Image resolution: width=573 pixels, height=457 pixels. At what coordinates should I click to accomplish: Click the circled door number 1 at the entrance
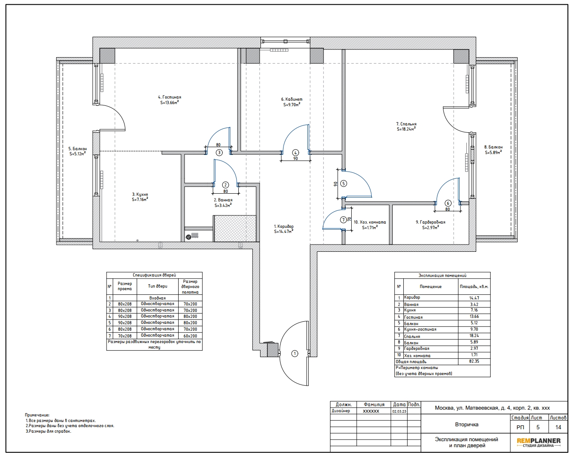(295, 354)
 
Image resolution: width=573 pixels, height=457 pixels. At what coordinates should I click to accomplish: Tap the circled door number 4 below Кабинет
(295, 153)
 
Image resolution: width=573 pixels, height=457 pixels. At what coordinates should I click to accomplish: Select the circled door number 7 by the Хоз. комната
(343, 220)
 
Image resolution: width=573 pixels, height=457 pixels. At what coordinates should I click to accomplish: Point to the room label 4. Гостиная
(170, 97)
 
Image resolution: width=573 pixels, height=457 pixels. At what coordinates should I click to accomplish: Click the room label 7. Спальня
(406, 124)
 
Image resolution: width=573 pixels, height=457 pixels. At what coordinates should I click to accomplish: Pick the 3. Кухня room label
(140, 195)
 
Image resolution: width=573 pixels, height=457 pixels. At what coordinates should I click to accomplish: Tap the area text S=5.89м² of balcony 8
(493, 152)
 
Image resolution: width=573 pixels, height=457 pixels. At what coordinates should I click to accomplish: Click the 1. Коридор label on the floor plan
(284, 226)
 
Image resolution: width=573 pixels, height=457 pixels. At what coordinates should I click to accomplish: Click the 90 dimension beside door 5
(336, 184)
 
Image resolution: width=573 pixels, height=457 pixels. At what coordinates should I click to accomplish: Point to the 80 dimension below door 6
(448, 209)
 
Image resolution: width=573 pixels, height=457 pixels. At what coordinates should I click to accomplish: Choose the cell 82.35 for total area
(474, 361)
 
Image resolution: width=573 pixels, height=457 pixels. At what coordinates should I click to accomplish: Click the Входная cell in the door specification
(157, 298)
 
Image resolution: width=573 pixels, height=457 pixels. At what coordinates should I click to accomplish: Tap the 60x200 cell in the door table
(190, 336)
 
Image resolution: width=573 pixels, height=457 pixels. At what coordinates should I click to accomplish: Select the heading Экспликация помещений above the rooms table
(442, 275)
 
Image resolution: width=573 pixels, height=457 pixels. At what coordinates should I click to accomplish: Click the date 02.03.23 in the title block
(399, 411)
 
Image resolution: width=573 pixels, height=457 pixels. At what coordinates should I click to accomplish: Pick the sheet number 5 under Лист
(538, 427)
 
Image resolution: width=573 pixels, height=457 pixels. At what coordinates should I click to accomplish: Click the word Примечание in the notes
(37, 415)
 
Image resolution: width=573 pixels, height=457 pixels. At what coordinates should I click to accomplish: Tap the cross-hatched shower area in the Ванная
(235, 229)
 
